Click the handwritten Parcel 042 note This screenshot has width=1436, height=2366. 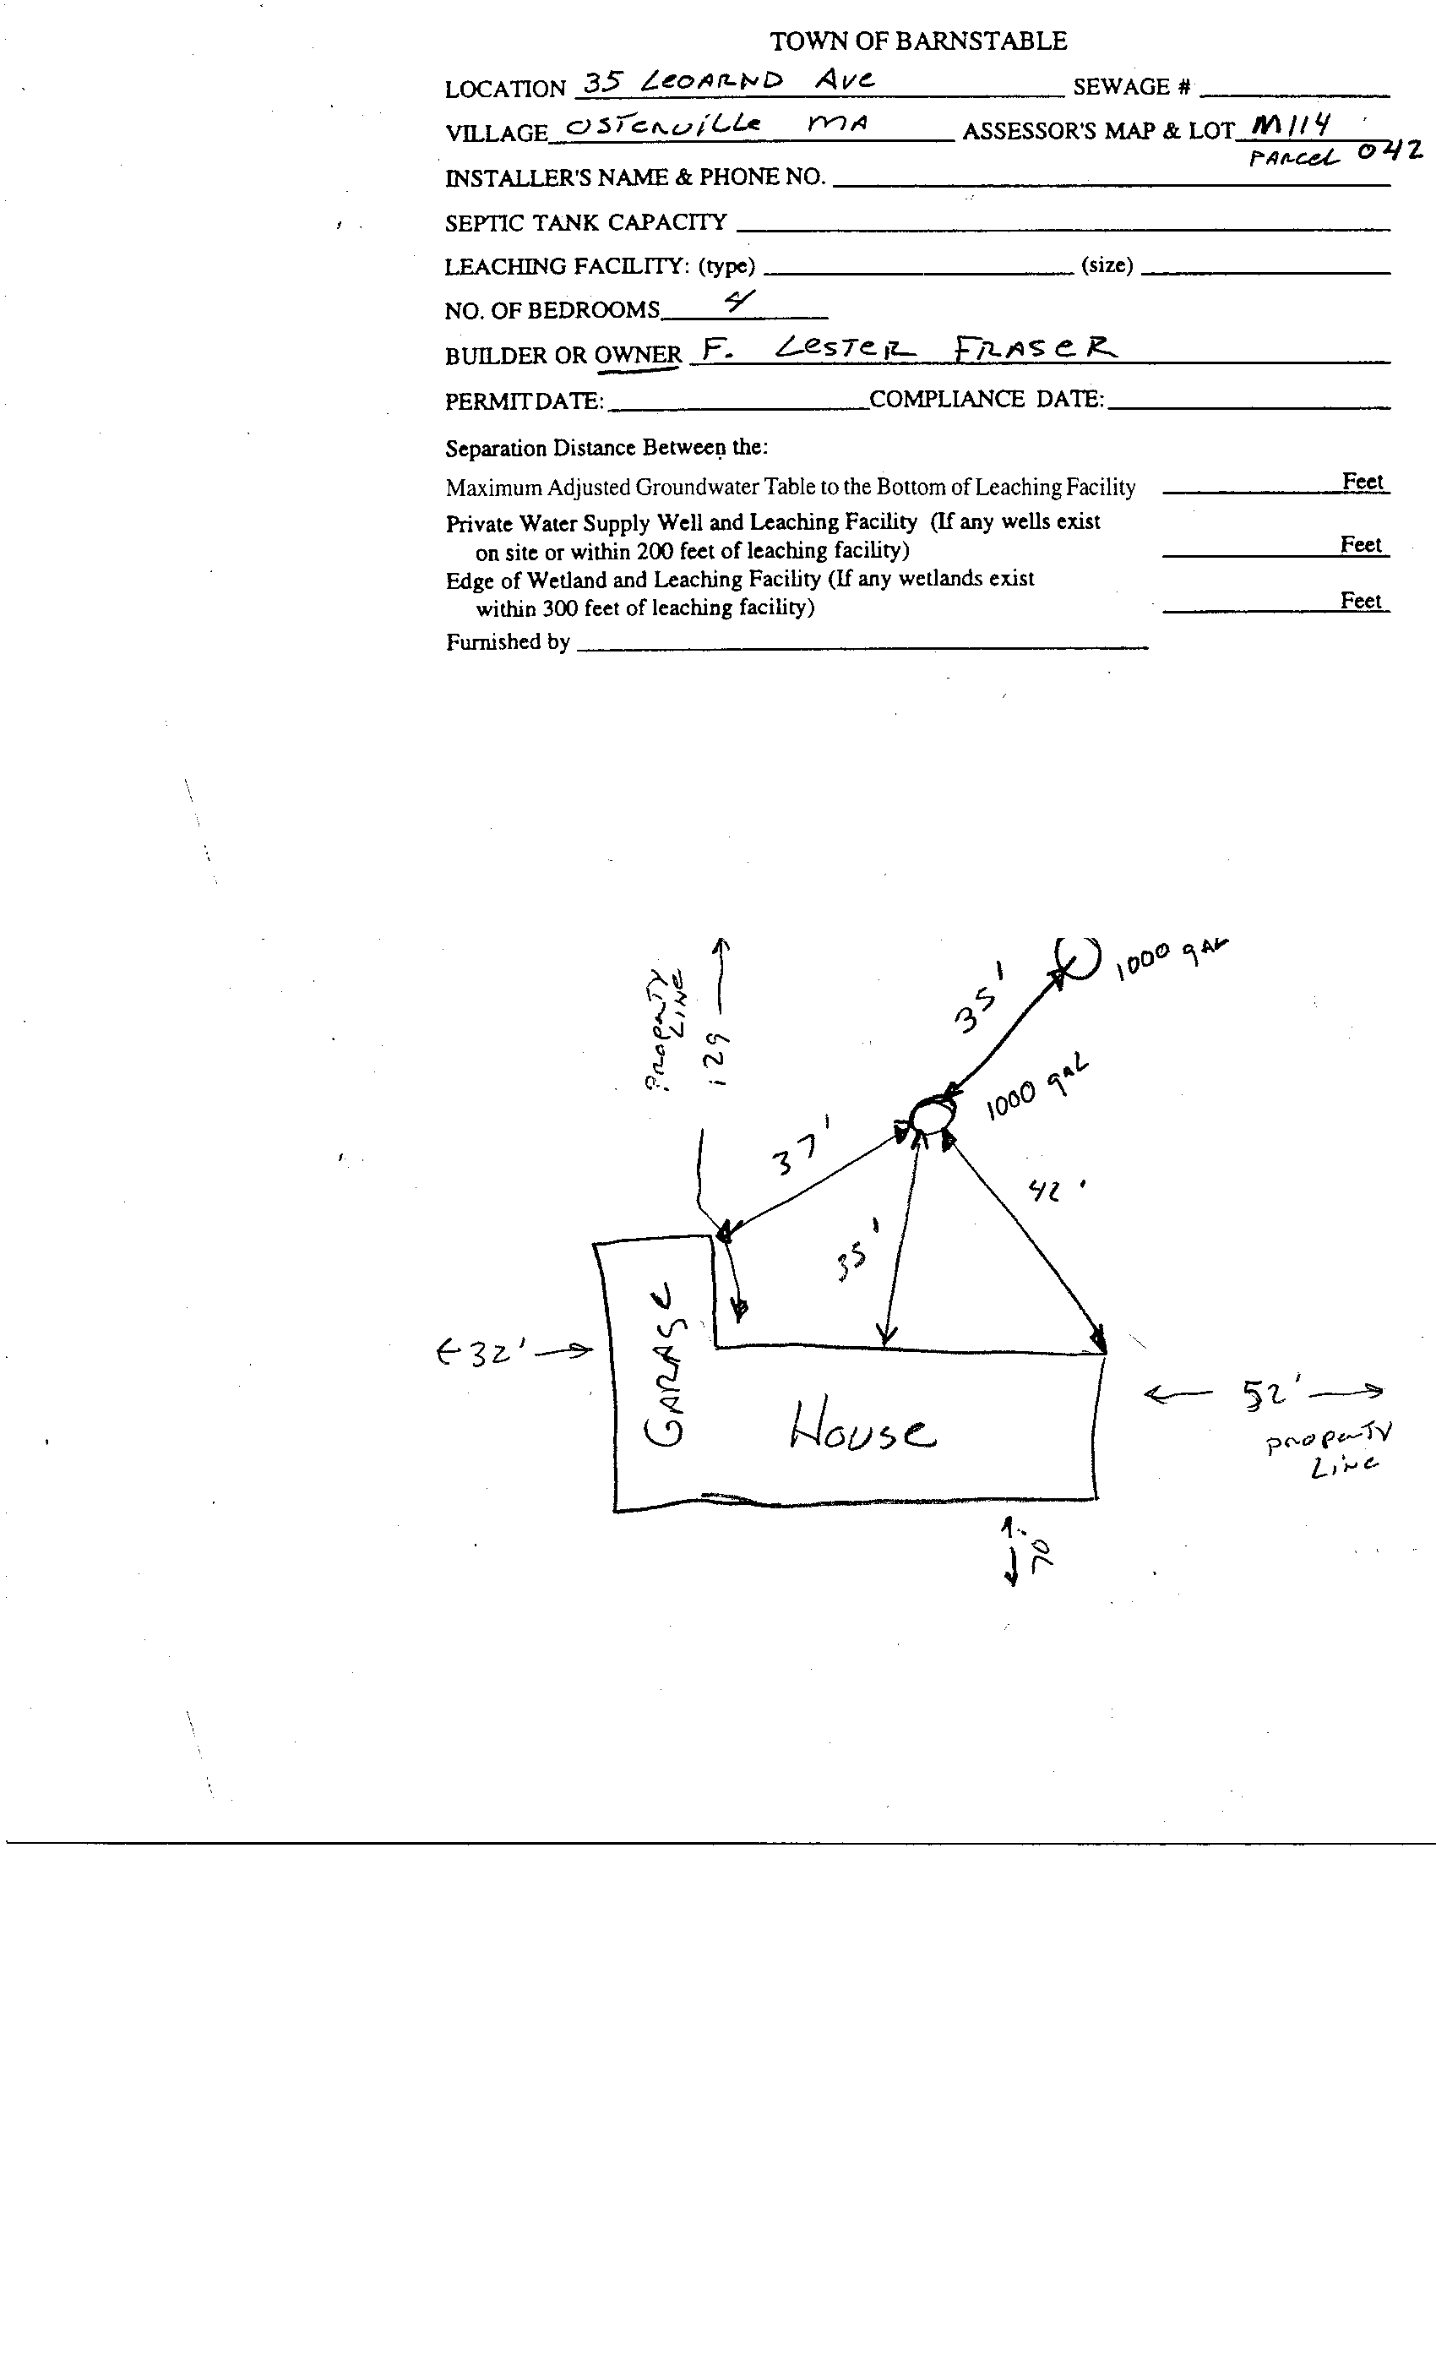tap(1335, 154)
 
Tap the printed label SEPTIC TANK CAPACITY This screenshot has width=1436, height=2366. tap(585, 223)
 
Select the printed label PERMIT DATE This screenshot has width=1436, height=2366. tap(524, 401)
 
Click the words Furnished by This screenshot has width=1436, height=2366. tap(508, 641)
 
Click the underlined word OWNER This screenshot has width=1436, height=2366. tap(638, 355)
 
